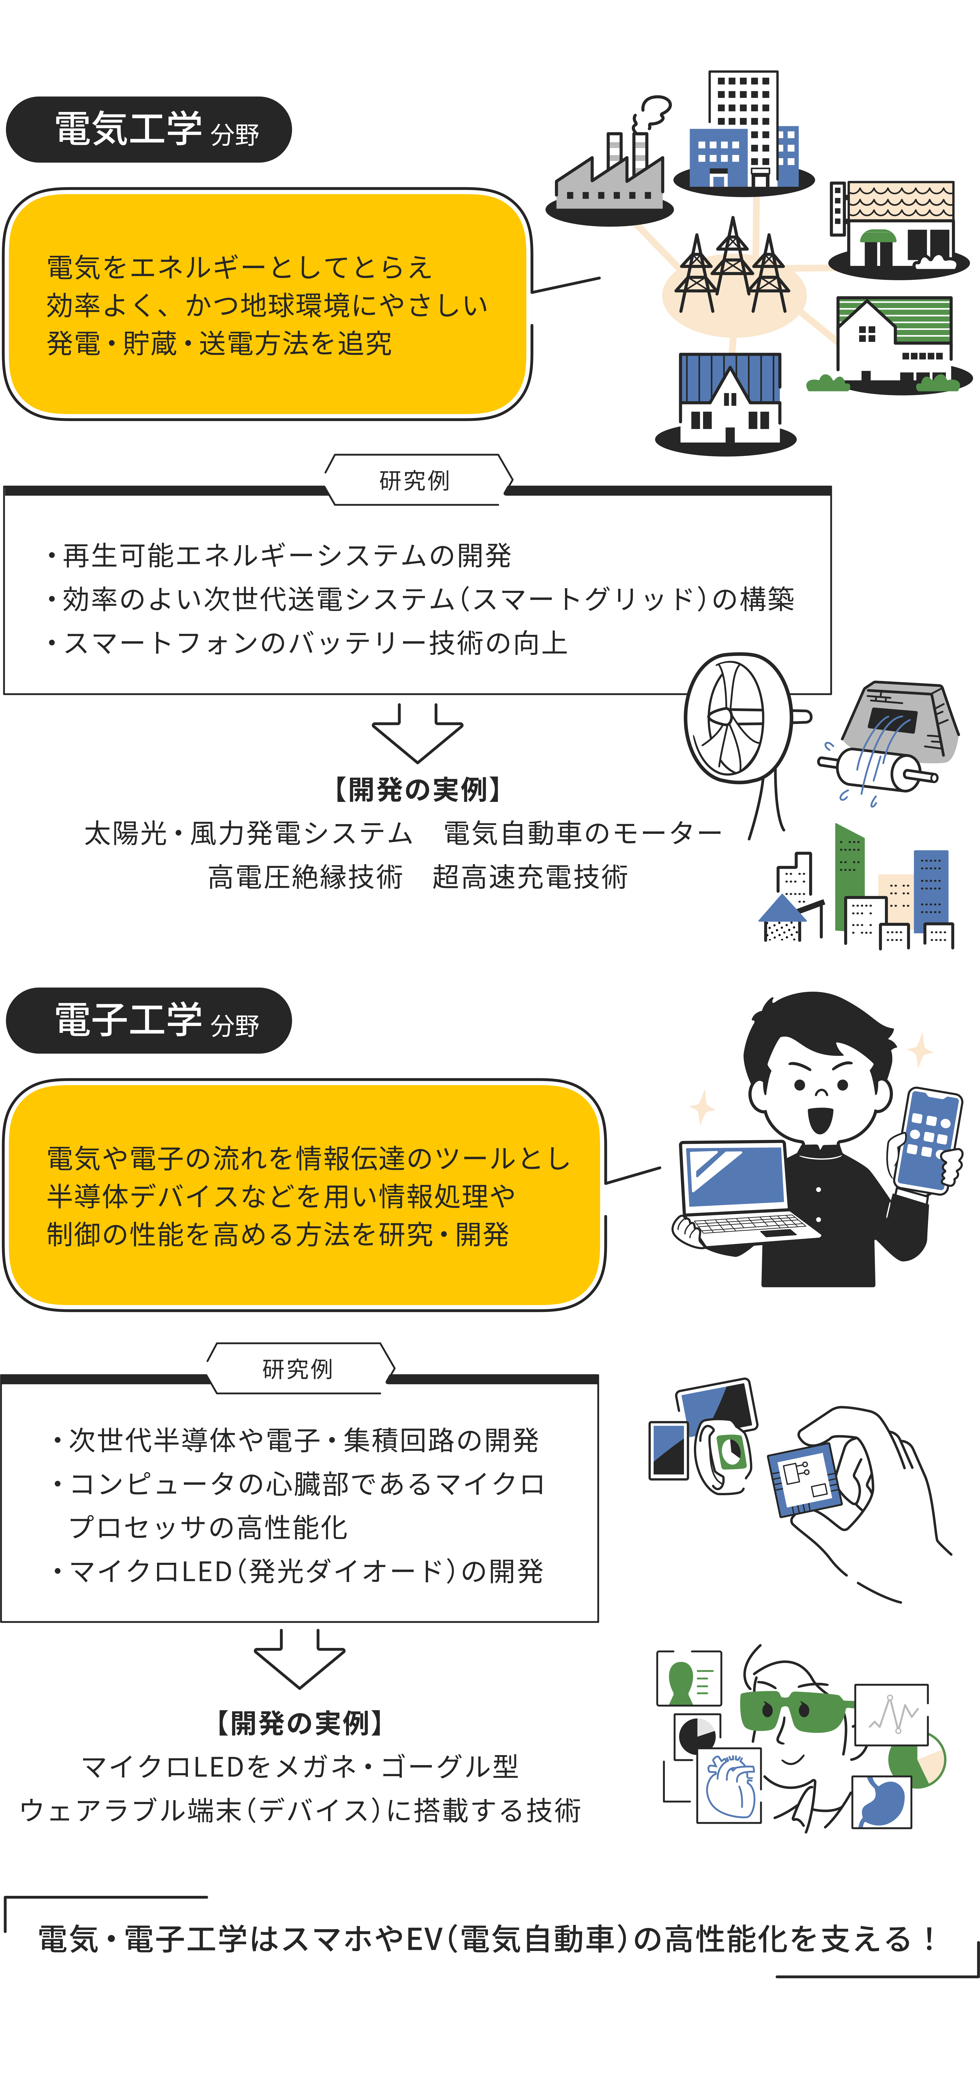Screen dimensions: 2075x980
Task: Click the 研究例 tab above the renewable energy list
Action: coord(415,480)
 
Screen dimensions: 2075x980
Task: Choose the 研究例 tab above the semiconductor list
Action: coord(298,1369)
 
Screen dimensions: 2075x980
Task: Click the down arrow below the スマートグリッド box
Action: coord(417,733)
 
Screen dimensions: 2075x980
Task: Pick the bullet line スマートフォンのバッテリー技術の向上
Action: coord(314,643)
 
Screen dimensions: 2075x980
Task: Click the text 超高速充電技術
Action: coord(530,876)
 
